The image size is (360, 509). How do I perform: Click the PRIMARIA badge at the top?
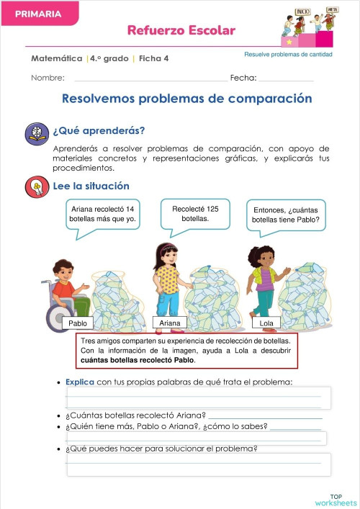coord(37,14)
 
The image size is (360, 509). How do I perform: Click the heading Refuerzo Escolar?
coord(181,30)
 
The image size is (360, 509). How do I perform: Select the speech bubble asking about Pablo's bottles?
coord(286,215)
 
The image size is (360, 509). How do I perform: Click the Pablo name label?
coord(78,323)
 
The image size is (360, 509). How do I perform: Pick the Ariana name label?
coord(170,323)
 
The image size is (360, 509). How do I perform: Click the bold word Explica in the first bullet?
coord(79,382)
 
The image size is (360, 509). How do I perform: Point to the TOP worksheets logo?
coord(336,500)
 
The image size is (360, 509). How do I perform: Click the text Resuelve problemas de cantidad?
coord(288,55)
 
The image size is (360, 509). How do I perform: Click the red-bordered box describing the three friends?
coord(186,351)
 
